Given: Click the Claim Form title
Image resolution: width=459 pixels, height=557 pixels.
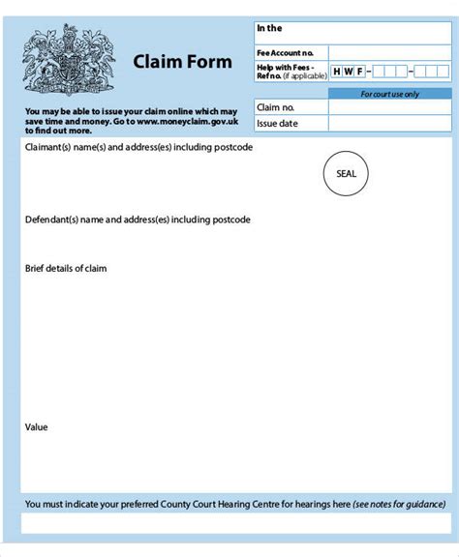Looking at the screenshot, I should coord(183,62).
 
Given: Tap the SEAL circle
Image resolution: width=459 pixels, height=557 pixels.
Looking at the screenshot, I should coord(346,174).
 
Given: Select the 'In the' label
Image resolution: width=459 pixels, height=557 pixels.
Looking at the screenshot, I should coord(269,29).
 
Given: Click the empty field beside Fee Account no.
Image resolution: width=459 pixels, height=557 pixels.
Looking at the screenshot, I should coord(389,53).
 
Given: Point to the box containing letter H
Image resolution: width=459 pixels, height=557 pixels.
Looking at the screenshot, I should coord(337,71).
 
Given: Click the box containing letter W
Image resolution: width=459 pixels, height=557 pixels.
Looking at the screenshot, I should coord(349,71).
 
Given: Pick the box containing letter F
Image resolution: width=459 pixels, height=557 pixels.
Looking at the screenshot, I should coord(360,71).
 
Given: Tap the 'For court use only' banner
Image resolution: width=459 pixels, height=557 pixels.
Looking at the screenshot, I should coord(389,94).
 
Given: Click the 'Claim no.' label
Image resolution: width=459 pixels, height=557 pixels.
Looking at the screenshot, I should coord(275,107).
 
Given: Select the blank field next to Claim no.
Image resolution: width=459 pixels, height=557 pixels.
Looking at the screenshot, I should coord(389,107).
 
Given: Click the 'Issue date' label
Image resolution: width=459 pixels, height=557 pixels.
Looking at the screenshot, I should coord(277,123).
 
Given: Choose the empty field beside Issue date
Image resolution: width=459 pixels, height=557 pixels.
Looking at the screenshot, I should coord(389,123).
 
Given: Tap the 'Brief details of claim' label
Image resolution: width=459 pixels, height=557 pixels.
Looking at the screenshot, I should coord(66,268).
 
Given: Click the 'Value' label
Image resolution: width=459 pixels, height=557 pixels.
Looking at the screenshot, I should coord(36,426).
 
